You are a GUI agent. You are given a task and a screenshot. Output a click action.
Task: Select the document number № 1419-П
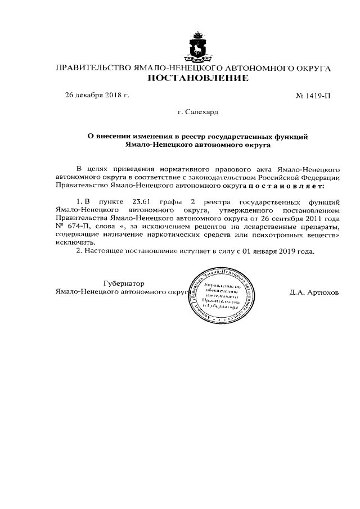[313, 96]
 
